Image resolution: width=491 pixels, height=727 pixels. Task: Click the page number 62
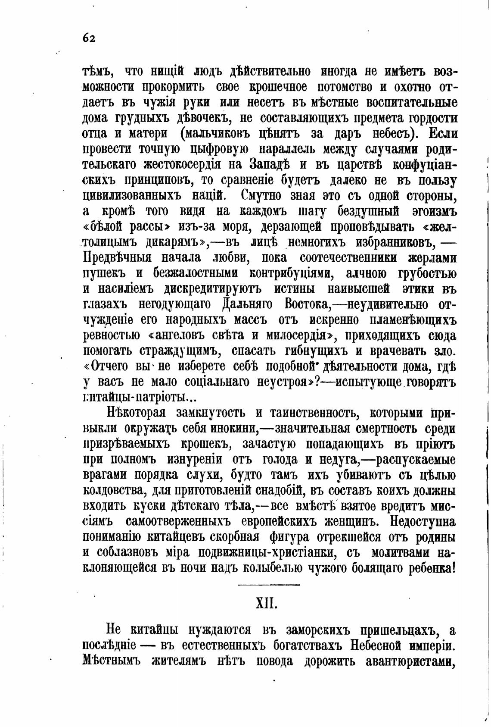(x=89, y=38)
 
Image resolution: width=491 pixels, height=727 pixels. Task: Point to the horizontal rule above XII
(x=269, y=584)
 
